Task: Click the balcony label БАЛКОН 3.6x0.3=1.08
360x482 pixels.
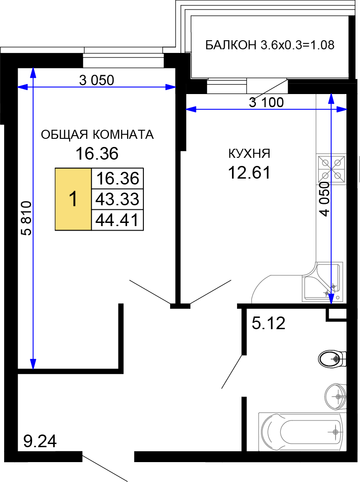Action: (x=270, y=45)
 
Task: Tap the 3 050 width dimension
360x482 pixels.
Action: (x=96, y=80)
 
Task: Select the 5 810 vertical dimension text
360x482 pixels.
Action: (x=27, y=218)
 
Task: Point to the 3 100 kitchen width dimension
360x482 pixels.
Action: (x=266, y=102)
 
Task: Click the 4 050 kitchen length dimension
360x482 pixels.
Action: (x=324, y=199)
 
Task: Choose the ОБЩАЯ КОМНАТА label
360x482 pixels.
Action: (x=97, y=135)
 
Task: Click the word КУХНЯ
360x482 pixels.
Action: (x=249, y=153)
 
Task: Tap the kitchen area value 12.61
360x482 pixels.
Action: (x=249, y=172)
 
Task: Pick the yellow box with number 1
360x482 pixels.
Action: (x=73, y=199)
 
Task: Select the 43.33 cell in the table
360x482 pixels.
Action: (x=118, y=199)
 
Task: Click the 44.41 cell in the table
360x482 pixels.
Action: (x=118, y=220)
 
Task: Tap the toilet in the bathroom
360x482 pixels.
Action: (x=332, y=359)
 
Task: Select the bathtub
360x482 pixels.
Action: (x=300, y=432)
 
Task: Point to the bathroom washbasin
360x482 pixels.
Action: (x=336, y=397)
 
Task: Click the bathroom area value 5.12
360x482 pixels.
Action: (x=269, y=323)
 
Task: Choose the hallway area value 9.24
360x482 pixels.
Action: (x=40, y=441)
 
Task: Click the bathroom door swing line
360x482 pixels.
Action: (x=232, y=372)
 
